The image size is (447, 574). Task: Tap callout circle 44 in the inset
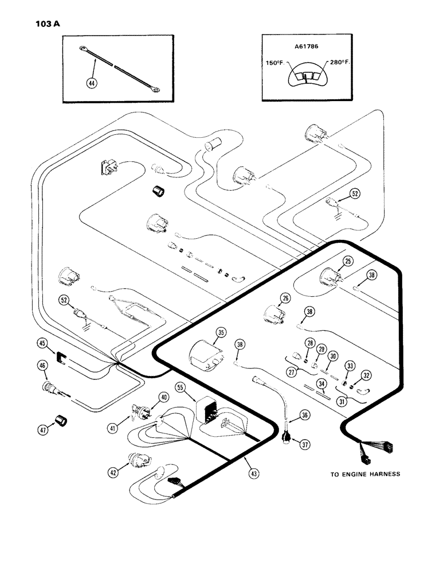[x=91, y=83]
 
